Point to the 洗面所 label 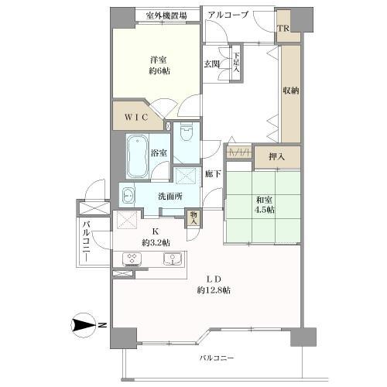coord(170,197)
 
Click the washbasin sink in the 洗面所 coord(128,195)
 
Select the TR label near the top coord(285,29)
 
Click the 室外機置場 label coord(163,15)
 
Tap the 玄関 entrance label coord(211,64)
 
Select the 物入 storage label coord(193,218)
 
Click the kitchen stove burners coord(129,259)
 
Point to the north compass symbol coord(83,327)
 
